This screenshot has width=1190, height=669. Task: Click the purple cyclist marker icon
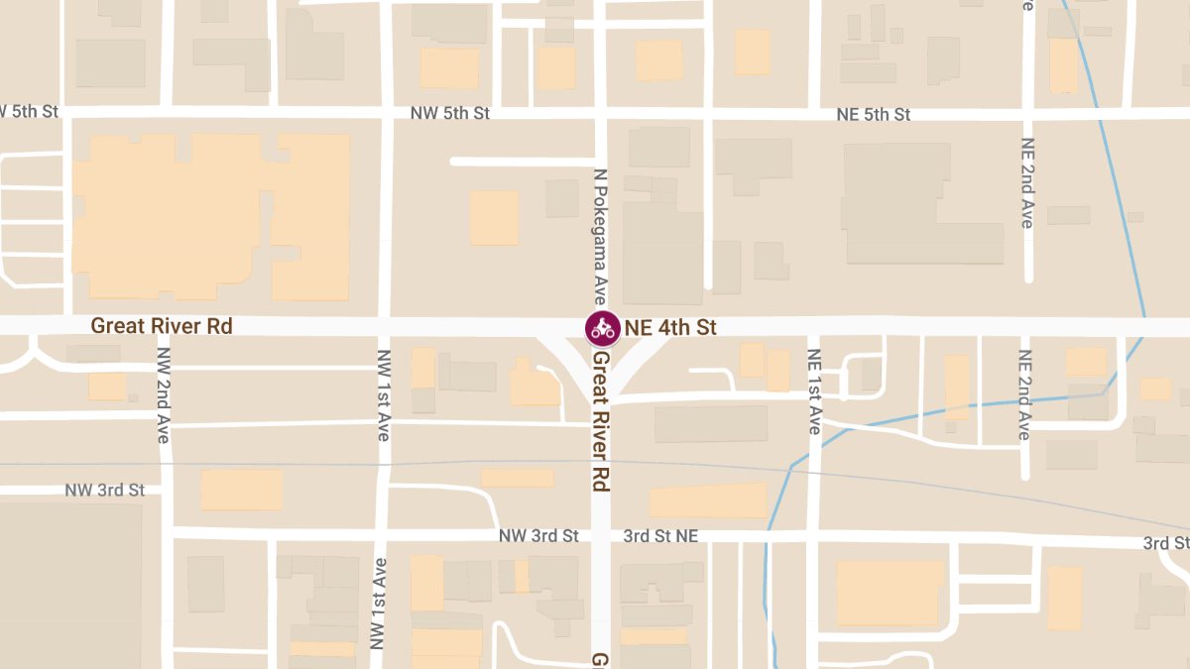click(x=602, y=327)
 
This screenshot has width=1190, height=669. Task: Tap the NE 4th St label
click(x=670, y=327)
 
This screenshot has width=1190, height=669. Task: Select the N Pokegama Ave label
click(x=599, y=234)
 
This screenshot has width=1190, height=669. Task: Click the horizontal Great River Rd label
click(x=161, y=325)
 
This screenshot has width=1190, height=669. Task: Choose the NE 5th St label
click(x=873, y=115)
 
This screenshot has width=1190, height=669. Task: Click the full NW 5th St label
click(x=450, y=114)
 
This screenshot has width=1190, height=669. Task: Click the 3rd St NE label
click(x=660, y=536)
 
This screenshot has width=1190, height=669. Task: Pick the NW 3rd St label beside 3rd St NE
click(x=538, y=536)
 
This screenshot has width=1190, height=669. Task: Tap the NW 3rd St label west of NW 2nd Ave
click(x=104, y=491)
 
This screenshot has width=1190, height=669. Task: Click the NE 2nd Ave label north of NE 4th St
click(x=1026, y=182)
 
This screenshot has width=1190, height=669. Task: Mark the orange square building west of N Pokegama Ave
click(x=494, y=218)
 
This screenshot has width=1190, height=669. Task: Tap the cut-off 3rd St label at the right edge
click(x=1165, y=543)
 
